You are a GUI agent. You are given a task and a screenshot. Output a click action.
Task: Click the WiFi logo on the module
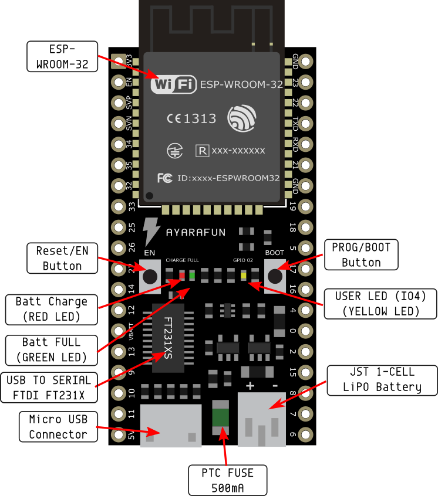pos(173,84)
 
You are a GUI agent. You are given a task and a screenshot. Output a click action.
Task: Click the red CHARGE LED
pos(182,275)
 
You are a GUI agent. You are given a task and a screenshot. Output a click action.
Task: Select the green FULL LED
pos(193,275)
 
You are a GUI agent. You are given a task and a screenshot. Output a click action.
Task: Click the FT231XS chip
pos(168,338)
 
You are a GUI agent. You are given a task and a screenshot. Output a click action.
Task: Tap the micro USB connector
pos(170,426)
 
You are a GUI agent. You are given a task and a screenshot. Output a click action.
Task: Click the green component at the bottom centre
pos(221,417)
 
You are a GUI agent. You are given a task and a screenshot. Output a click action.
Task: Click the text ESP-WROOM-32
pos(241,84)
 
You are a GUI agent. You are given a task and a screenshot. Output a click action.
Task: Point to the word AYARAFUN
pos(196,232)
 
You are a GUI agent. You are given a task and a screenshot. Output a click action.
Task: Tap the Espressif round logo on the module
pos(241,118)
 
